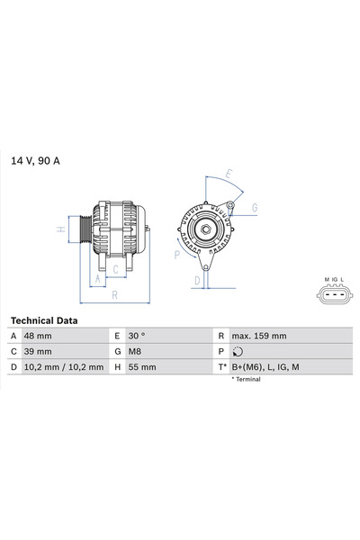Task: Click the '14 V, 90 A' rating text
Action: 35,161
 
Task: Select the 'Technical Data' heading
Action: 43,320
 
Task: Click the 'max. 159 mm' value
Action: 259,336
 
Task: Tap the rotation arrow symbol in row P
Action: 237,352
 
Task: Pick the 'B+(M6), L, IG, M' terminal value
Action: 266,367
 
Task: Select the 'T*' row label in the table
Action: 220,367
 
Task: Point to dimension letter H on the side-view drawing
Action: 60,229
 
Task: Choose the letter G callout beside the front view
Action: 255,208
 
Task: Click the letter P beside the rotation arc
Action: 177,255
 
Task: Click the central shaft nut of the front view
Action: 203,229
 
